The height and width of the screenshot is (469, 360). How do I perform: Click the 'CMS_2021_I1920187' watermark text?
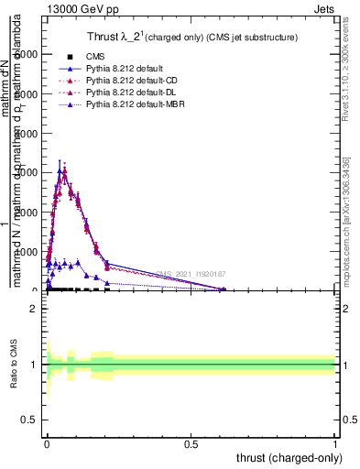pos(191,274)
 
